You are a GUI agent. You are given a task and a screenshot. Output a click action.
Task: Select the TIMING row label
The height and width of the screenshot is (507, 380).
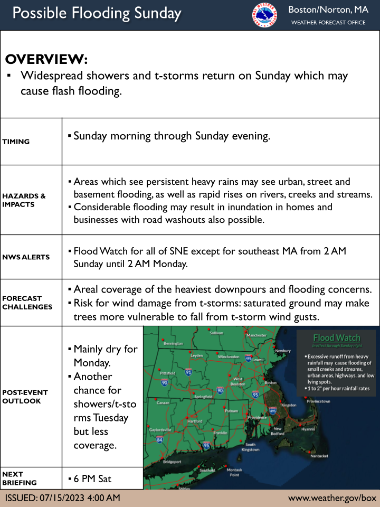point(16,142)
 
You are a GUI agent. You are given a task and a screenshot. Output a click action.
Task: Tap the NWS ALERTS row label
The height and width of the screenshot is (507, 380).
point(26,257)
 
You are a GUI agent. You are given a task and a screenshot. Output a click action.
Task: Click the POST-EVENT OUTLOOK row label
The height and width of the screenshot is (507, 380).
point(25,397)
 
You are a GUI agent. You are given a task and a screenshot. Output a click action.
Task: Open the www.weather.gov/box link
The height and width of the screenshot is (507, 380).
point(332,498)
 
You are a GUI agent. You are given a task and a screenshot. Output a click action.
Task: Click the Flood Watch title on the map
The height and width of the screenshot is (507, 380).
point(336,338)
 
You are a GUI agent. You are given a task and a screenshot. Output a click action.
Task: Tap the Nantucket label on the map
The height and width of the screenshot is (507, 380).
point(319,456)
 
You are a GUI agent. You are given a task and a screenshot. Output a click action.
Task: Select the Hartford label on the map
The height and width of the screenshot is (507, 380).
point(195,421)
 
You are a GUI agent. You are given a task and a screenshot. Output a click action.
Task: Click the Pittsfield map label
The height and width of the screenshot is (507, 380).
point(167,372)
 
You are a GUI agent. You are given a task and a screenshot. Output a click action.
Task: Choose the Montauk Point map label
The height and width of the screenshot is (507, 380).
point(234,472)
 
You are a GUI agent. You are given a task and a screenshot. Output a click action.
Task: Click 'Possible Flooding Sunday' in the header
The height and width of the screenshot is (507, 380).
point(97,14)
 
